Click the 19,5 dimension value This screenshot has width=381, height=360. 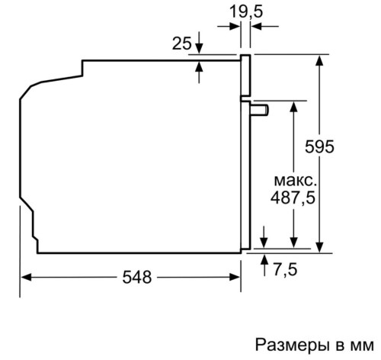[246, 11]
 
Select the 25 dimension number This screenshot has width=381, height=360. [181, 43]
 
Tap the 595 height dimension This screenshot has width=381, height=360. [319, 146]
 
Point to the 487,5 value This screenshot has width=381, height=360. [293, 198]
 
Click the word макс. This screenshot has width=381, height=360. [296, 181]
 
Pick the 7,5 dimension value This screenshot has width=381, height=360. [285, 269]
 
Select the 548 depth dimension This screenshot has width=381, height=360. [137, 277]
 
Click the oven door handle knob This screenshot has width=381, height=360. [260, 110]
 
